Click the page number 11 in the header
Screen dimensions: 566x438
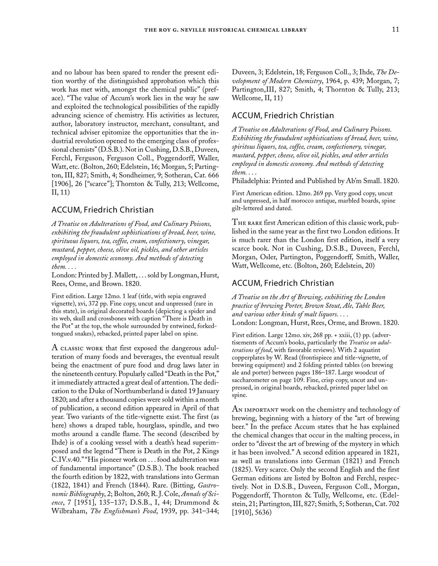395,30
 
